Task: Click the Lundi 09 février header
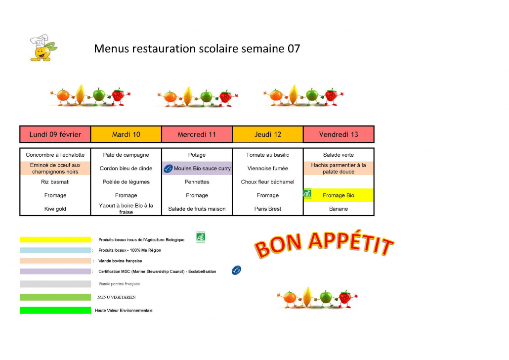(x=55, y=135)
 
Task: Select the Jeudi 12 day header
(x=268, y=135)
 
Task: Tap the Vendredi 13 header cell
(x=339, y=135)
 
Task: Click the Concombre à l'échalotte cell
(x=55, y=155)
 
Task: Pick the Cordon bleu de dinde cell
(x=126, y=168)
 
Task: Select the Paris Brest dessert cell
(x=268, y=209)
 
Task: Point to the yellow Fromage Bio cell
(x=339, y=195)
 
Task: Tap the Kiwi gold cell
(x=55, y=209)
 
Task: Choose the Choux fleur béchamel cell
(x=268, y=181)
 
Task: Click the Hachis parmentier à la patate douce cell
(x=339, y=168)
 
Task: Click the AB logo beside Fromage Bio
(x=307, y=193)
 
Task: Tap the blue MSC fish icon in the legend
(x=236, y=270)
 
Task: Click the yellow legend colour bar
(x=55, y=239)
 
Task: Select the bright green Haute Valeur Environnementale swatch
(x=55, y=311)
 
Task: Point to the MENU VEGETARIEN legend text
(x=116, y=297)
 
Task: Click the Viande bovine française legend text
(x=120, y=261)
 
